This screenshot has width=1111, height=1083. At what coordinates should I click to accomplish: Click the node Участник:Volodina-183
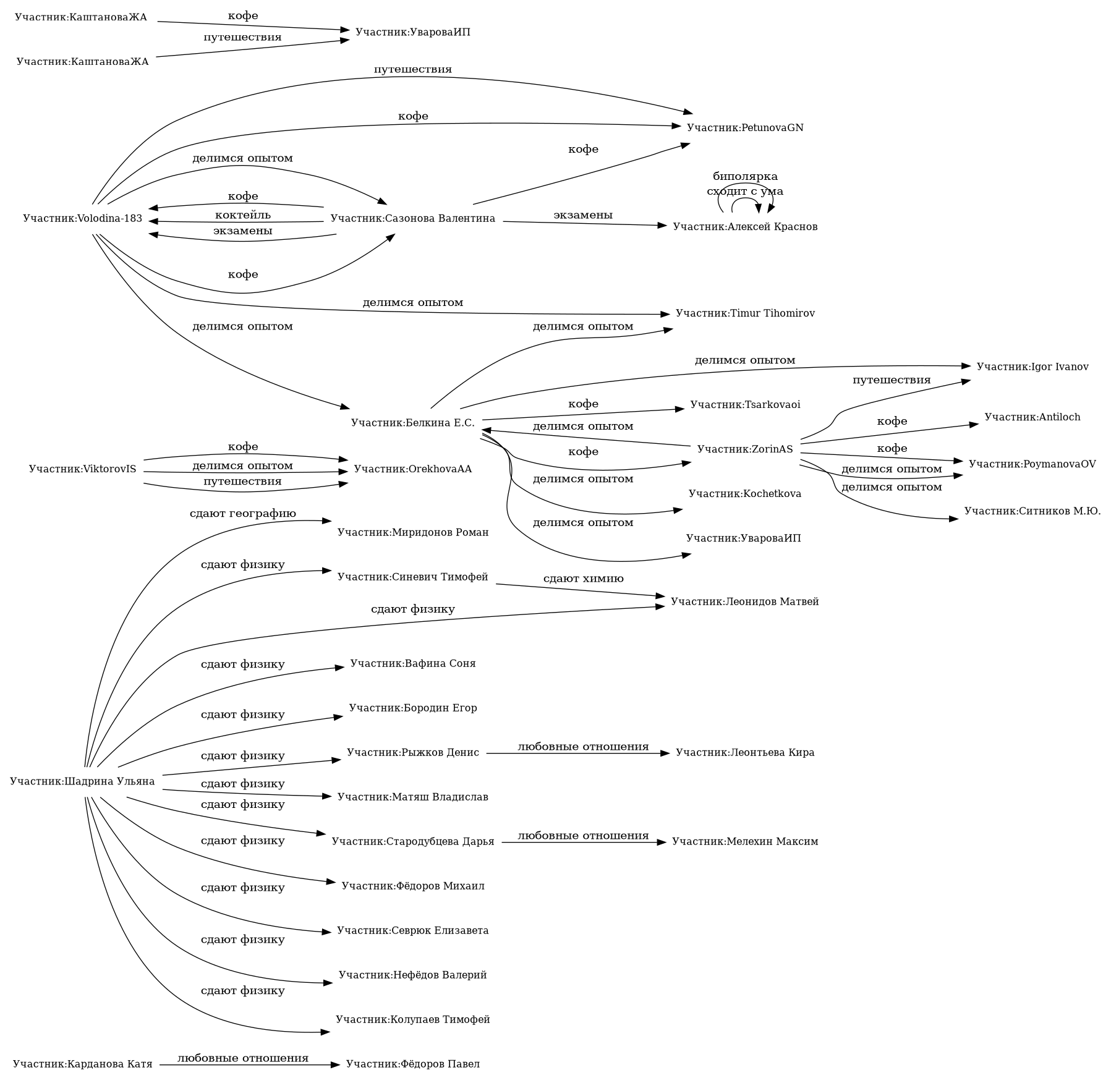click(82, 219)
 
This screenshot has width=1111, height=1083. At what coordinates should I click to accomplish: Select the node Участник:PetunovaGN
click(745, 128)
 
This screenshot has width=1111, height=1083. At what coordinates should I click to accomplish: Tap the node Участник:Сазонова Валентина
click(412, 219)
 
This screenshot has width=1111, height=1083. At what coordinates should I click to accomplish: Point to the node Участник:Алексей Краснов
click(745, 227)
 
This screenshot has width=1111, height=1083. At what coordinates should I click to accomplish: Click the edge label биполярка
click(745, 177)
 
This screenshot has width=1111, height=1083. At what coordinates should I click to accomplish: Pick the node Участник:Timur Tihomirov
click(745, 313)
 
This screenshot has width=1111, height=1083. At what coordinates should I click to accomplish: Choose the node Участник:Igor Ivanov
click(1032, 367)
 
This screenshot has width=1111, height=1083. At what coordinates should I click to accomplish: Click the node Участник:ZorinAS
click(745, 449)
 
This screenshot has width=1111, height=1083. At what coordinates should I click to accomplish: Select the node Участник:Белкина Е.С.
click(412, 423)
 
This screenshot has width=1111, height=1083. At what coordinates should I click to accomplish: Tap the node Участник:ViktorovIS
click(82, 469)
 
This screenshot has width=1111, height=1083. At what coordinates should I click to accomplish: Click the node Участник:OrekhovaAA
click(412, 469)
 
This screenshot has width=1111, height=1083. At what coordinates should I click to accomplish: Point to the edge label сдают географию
click(242, 514)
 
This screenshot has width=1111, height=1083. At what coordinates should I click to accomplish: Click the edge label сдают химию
click(583, 579)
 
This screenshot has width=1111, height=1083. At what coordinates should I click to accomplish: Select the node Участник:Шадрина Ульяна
click(82, 781)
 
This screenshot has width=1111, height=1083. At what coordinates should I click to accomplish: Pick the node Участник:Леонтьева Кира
click(745, 753)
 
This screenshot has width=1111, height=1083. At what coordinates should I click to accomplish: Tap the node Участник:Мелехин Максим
click(745, 842)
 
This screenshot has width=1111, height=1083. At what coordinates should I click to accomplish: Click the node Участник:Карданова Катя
click(82, 1064)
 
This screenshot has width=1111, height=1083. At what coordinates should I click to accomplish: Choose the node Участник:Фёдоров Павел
click(412, 1064)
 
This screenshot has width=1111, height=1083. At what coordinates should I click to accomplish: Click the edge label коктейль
click(242, 216)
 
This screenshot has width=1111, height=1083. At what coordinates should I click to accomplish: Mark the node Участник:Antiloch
click(1032, 417)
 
